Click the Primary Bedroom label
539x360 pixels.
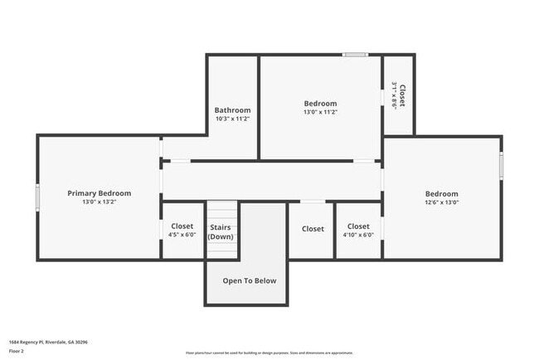(x=99, y=192)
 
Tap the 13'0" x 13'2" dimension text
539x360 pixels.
(x=99, y=202)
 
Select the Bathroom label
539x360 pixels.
(x=232, y=109)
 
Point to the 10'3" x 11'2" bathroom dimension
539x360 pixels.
(x=232, y=119)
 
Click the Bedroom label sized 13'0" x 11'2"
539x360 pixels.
(x=320, y=103)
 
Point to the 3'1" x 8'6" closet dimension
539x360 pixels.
(x=394, y=95)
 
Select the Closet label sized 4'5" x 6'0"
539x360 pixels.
(x=182, y=226)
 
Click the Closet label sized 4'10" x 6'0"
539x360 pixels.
(x=358, y=226)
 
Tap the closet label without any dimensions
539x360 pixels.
(x=313, y=229)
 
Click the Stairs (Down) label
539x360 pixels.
(x=221, y=231)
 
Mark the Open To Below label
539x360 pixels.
(x=249, y=280)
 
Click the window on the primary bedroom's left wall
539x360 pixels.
(x=38, y=197)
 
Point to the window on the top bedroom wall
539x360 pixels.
(x=355, y=56)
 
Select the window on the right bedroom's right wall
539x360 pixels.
(x=501, y=163)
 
